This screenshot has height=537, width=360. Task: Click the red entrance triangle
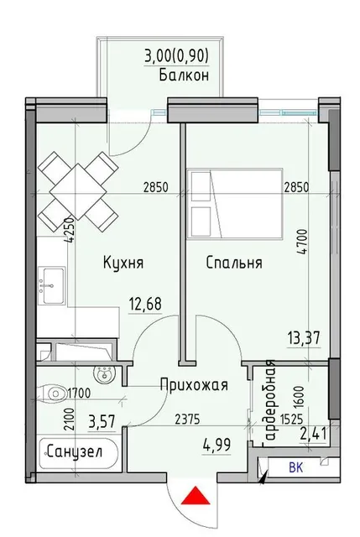(196, 496)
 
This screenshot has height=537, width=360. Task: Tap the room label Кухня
(123, 263)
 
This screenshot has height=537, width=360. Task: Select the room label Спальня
(234, 263)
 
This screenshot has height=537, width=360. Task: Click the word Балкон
(184, 75)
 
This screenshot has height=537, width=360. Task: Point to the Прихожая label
(194, 385)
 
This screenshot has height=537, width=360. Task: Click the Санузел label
(75, 452)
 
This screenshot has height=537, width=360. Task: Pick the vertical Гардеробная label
(270, 404)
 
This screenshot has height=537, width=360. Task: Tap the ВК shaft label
(296, 467)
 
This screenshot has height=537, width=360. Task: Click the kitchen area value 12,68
(145, 304)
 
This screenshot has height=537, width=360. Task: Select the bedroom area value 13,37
(304, 338)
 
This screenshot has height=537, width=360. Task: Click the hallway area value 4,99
(217, 446)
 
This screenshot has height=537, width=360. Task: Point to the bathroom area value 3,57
(101, 421)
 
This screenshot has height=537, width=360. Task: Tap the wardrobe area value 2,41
(313, 435)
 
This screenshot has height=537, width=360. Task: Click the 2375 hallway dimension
(187, 419)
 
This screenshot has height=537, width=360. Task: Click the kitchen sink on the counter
(51, 286)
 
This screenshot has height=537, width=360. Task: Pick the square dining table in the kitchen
(78, 191)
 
